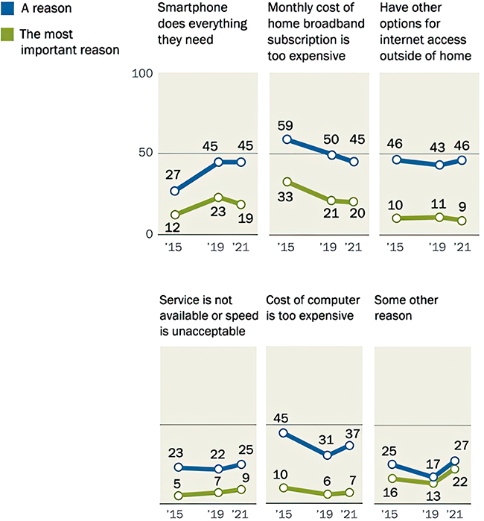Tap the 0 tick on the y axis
coord(148,234)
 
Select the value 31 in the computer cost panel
coord(326,440)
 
